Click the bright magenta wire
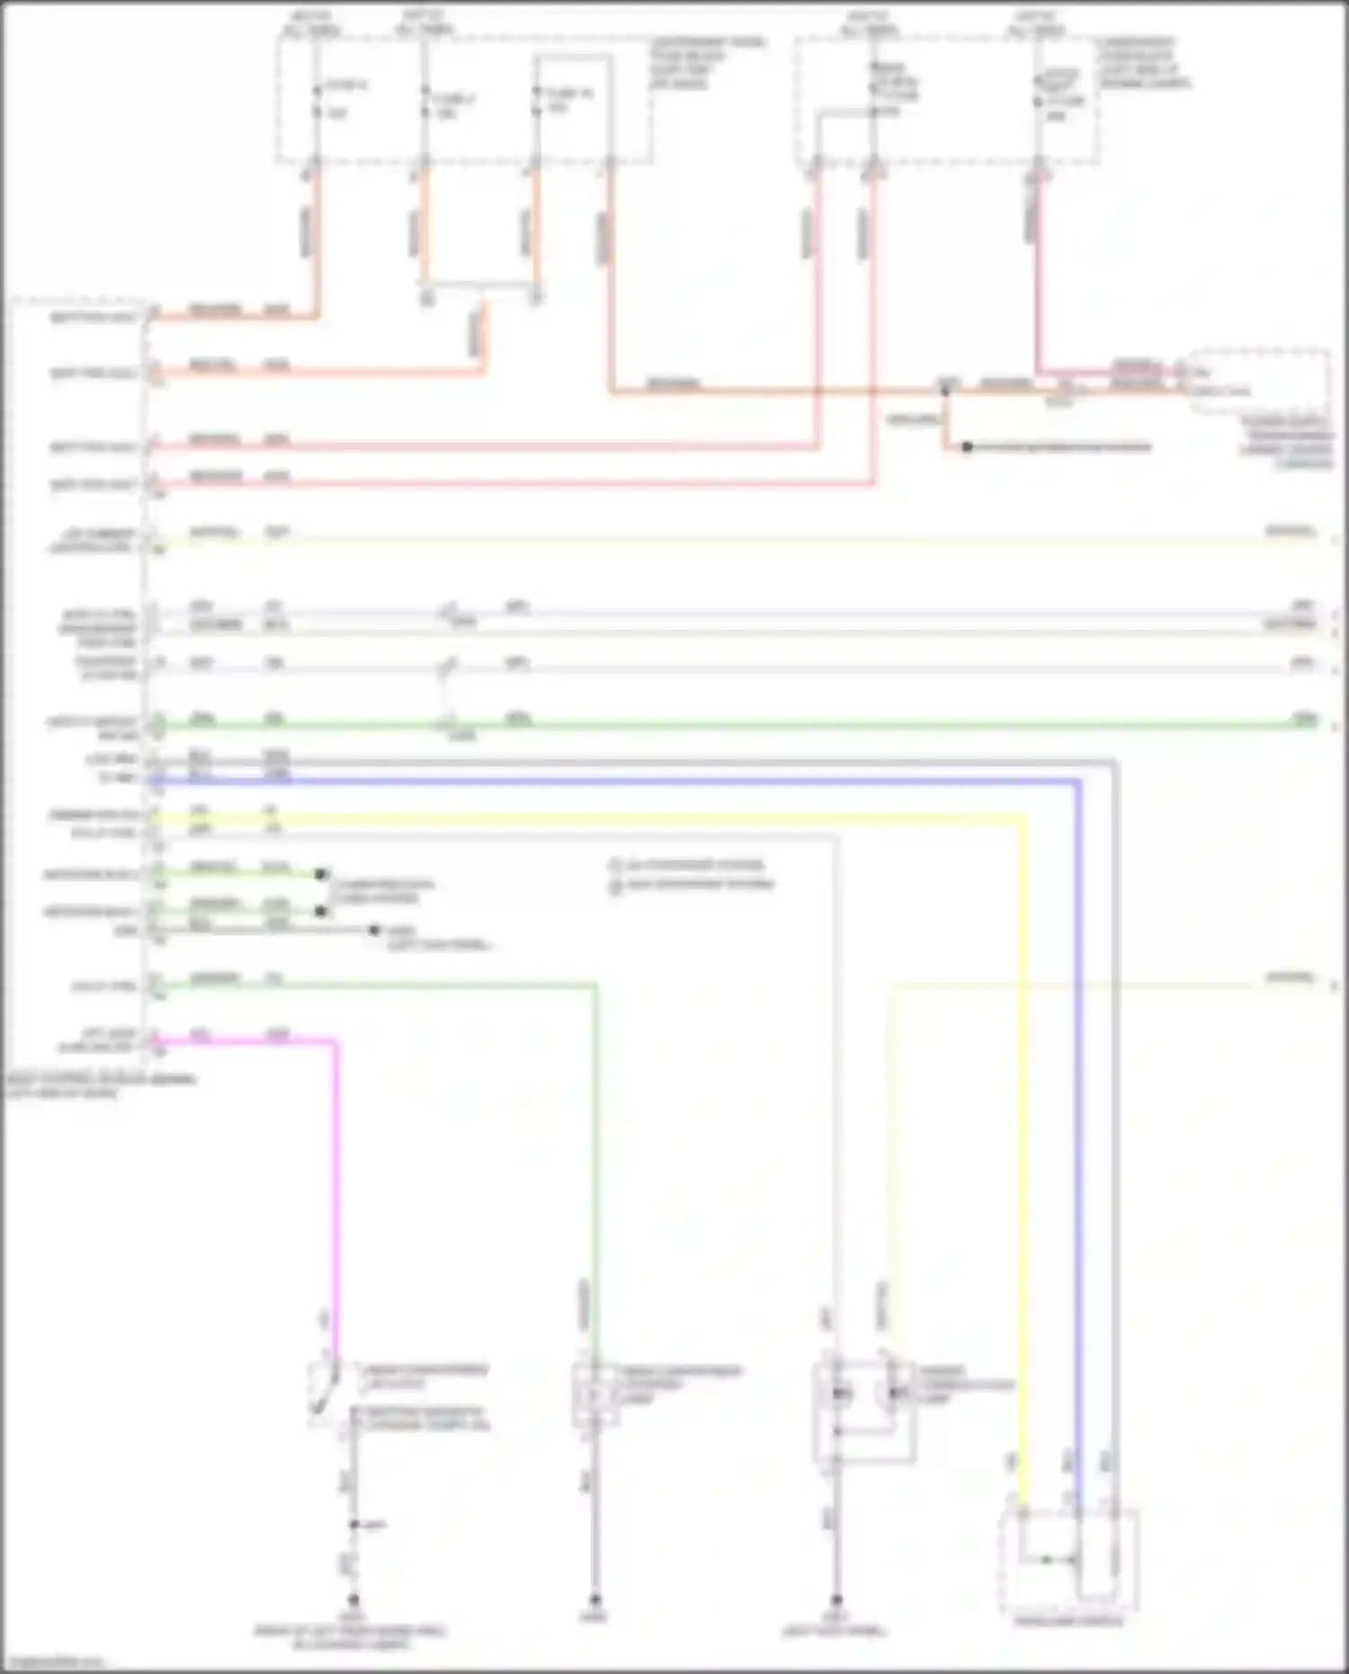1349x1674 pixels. [336, 1169]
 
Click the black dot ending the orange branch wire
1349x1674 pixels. [967, 447]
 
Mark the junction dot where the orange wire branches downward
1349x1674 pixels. [945, 391]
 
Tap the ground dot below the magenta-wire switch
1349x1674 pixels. [353, 1600]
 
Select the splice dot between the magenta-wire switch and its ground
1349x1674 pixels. [354, 1524]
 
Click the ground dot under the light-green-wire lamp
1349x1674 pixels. [594, 1600]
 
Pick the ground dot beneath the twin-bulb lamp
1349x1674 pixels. [835, 1600]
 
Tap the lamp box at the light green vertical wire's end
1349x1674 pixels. [594, 1393]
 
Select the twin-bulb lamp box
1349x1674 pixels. [863, 1408]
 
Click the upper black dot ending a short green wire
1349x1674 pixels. [320, 873]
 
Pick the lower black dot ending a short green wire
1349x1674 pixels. [320, 911]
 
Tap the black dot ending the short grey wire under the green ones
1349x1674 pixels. [374, 930]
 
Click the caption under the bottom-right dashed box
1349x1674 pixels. [1068, 1621]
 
